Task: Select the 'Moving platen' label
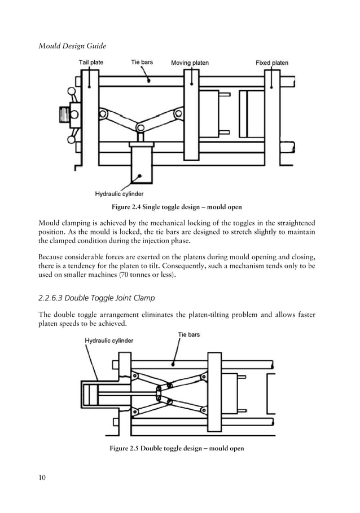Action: [190, 63]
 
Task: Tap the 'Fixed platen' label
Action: [272, 63]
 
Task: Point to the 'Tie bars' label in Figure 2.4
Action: [142, 62]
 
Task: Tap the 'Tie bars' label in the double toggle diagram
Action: [189, 334]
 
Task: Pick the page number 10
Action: [42, 478]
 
